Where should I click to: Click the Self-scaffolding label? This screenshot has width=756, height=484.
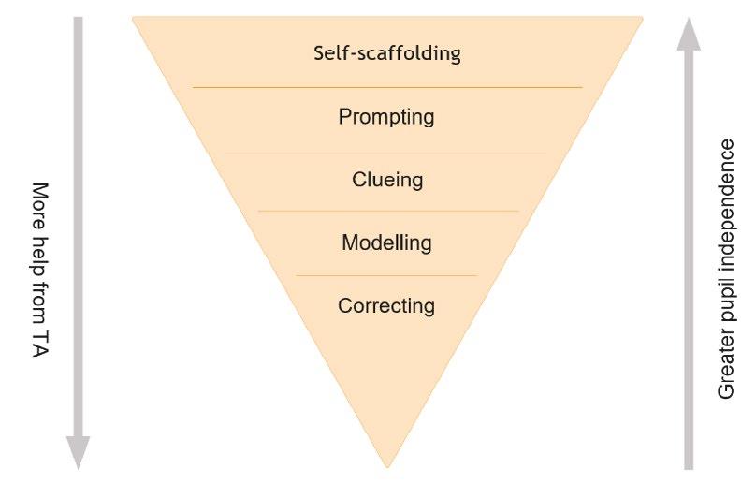(386, 52)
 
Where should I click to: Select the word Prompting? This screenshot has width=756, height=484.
(386, 118)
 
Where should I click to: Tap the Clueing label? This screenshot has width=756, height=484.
(387, 179)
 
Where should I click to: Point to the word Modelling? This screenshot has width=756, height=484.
(386, 242)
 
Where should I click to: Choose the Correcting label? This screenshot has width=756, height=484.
(386, 306)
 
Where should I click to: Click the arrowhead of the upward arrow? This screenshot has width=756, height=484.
(690, 34)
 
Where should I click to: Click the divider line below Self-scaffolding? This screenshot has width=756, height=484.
(387, 88)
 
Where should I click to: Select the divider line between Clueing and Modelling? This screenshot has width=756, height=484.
(387, 212)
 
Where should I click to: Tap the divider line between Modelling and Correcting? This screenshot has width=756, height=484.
(386, 275)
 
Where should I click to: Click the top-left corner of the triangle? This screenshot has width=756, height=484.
(134, 18)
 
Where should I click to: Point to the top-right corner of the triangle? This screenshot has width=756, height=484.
(642, 18)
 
